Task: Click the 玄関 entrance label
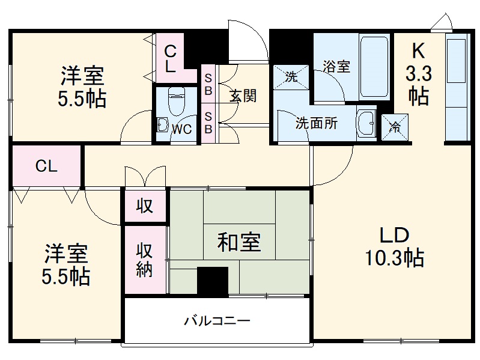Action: coord(243,96)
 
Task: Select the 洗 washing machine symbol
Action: coord(291,76)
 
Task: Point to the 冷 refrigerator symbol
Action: coord(395,126)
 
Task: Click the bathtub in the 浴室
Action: coord(373,68)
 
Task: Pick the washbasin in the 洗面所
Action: coord(365,124)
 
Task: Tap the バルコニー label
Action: coord(216,320)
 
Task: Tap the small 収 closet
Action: coord(145,207)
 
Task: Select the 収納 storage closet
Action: coord(145,260)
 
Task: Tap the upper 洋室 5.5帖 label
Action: coord(82,87)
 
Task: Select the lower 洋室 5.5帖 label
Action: coord(66,264)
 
